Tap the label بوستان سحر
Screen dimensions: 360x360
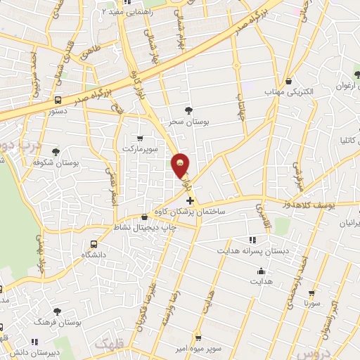pos(188,121)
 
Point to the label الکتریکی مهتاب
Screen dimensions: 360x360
pos(283,91)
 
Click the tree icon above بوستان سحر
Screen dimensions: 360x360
pos(188,109)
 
